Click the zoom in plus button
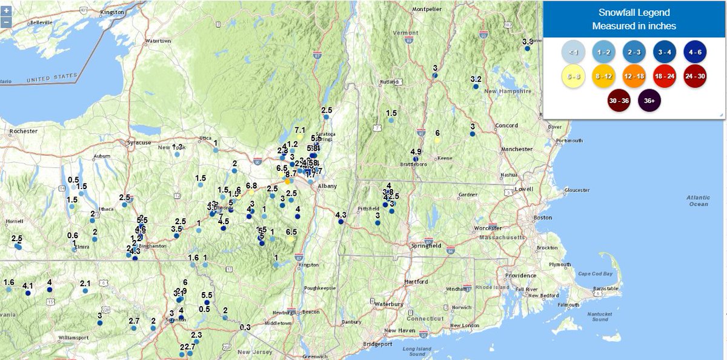coord(6,11)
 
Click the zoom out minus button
coord(6,22)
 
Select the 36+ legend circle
coord(649,101)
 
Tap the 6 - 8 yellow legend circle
coord(573,76)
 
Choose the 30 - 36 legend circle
coord(619,101)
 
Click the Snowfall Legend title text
coord(634,14)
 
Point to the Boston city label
coord(543,217)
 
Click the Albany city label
coord(328,187)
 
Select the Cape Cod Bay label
coord(596,274)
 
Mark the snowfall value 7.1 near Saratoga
coord(300,130)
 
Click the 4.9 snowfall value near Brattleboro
coord(416,152)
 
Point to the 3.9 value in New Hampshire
coord(528,42)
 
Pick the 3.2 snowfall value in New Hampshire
coord(476,79)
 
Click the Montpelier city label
coord(424,9)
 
